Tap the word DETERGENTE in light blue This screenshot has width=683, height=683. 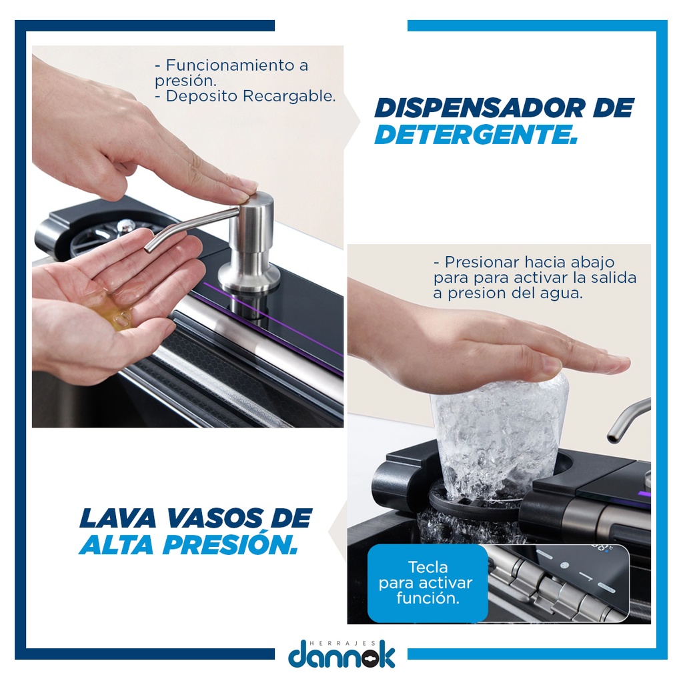[x=476, y=134]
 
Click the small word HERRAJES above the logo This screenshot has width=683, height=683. [x=342, y=643]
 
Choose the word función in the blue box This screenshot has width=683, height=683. [x=428, y=598]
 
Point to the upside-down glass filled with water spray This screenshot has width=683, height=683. [x=500, y=438]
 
